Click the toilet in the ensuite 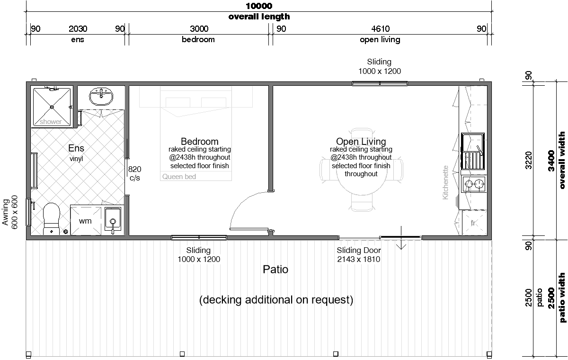[52, 219]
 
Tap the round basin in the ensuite [101, 97]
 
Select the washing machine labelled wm [86, 221]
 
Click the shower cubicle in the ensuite [52, 107]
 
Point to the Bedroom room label [200, 141]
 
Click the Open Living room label [361, 141]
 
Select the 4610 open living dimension [381, 29]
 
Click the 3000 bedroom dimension [199, 29]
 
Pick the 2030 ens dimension [78, 29]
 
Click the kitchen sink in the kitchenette [472, 151]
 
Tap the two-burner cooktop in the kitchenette [474, 183]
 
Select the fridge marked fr [474, 223]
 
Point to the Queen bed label [179, 177]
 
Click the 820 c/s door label [134, 173]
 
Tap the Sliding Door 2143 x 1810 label [359, 254]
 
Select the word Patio [275, 269]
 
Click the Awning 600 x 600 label [10, 212]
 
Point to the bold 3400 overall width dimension [551, 161]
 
